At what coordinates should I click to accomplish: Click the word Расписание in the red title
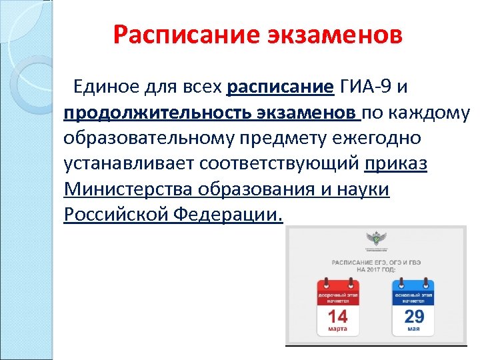170,34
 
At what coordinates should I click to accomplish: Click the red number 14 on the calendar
337,315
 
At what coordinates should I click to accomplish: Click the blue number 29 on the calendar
414,315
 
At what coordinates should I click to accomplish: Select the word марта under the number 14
337,329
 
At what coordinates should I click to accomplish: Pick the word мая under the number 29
414,329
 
